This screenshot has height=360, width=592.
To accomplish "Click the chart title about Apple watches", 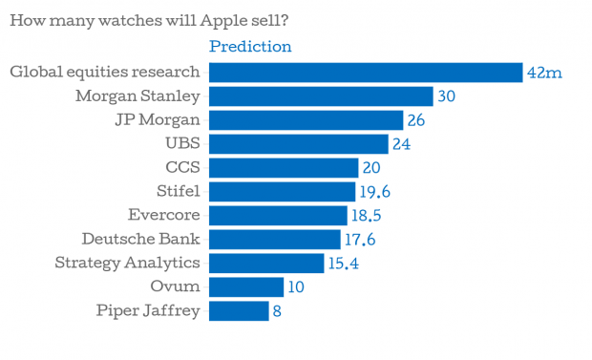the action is (149, 21).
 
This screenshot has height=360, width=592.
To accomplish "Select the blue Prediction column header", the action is (250, 47).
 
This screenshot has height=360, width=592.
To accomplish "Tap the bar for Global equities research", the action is (366, 73).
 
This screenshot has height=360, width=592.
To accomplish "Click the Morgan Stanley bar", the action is (321, 96).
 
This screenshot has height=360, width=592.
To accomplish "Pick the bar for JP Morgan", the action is (307, 120).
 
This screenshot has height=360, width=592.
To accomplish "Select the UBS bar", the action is (299, 144).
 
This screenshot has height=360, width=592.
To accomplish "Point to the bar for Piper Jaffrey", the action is (239, 311).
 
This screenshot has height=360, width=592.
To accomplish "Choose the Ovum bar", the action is (246, 287).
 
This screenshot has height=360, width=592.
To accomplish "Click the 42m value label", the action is (544, 73).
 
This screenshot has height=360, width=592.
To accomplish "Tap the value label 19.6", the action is (374, 192).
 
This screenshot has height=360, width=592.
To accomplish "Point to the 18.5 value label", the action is (367, 216).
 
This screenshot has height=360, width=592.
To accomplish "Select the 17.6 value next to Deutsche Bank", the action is (360, 240).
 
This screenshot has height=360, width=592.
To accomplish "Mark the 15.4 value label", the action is (343, 264).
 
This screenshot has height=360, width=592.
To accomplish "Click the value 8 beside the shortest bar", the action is (277, 311).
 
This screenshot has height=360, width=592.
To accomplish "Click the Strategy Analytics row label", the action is (127, 263).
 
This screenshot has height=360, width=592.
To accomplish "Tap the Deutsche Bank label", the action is (140, 239).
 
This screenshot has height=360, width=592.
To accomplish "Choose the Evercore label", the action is (164, 215).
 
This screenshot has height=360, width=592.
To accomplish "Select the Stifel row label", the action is (179, 191).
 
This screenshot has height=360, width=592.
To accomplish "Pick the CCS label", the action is (182, 167).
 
